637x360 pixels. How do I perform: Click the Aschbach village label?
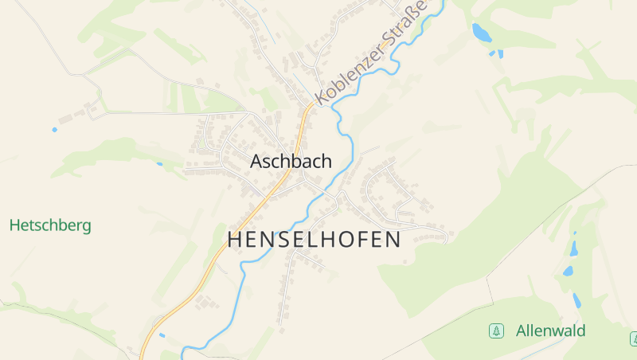click(291, 161)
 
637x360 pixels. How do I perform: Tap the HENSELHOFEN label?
click(314, 240)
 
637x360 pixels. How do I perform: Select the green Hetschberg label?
click(50, 225)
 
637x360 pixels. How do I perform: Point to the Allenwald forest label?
click(550, 331)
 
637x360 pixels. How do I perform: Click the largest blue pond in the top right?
click(481, 33)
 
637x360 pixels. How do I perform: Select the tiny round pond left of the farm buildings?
click(55, 129)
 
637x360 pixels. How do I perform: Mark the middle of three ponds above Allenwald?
click(569, 271)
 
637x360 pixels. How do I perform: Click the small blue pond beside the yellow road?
click(162, 335)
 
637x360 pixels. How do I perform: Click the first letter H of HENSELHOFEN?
click(235, 240)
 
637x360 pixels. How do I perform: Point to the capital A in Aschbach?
click(256, 161)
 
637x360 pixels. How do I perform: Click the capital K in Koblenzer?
click(322, 98)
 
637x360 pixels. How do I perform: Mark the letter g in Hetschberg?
click(85, 227)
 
